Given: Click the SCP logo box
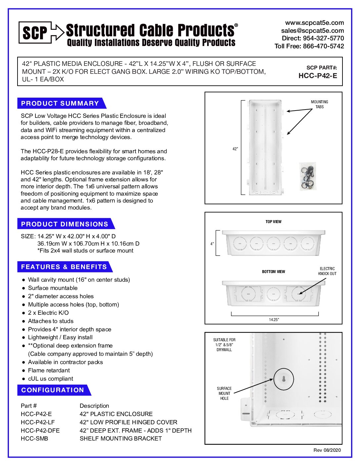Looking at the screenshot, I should (x=35, y=32).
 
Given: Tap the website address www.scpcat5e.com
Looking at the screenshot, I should (x=314, y=23).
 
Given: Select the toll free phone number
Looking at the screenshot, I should (x=309, y=46).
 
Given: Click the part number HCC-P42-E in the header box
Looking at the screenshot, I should (x=318, y=76).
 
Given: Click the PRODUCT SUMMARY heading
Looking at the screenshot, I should (x=60, y=103).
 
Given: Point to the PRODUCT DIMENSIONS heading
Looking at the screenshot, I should (x=65, y=224).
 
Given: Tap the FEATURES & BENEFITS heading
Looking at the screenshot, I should (x=64, y=267).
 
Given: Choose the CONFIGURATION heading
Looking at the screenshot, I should (x=53, y=390).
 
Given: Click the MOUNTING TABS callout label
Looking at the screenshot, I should (x=319, y=104).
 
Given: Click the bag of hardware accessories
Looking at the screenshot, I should (x=308, y=176).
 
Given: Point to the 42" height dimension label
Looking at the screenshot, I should (x=235, y=149).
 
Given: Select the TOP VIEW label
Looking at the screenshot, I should (x=273, y=222).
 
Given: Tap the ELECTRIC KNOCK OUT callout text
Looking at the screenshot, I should (x=327, y=271).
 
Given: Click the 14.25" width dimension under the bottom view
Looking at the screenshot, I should (x=274, y=320).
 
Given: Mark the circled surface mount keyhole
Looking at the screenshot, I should (x=284, y=379).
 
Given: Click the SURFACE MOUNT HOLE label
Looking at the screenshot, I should (x=224, y=394).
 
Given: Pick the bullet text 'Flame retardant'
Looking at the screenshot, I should (x=49, y=370).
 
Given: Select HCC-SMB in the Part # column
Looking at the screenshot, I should (x=34, y=439).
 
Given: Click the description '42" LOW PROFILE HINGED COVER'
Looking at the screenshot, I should (x=128, y=422).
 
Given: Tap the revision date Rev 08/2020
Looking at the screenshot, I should (x=327, y=450).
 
